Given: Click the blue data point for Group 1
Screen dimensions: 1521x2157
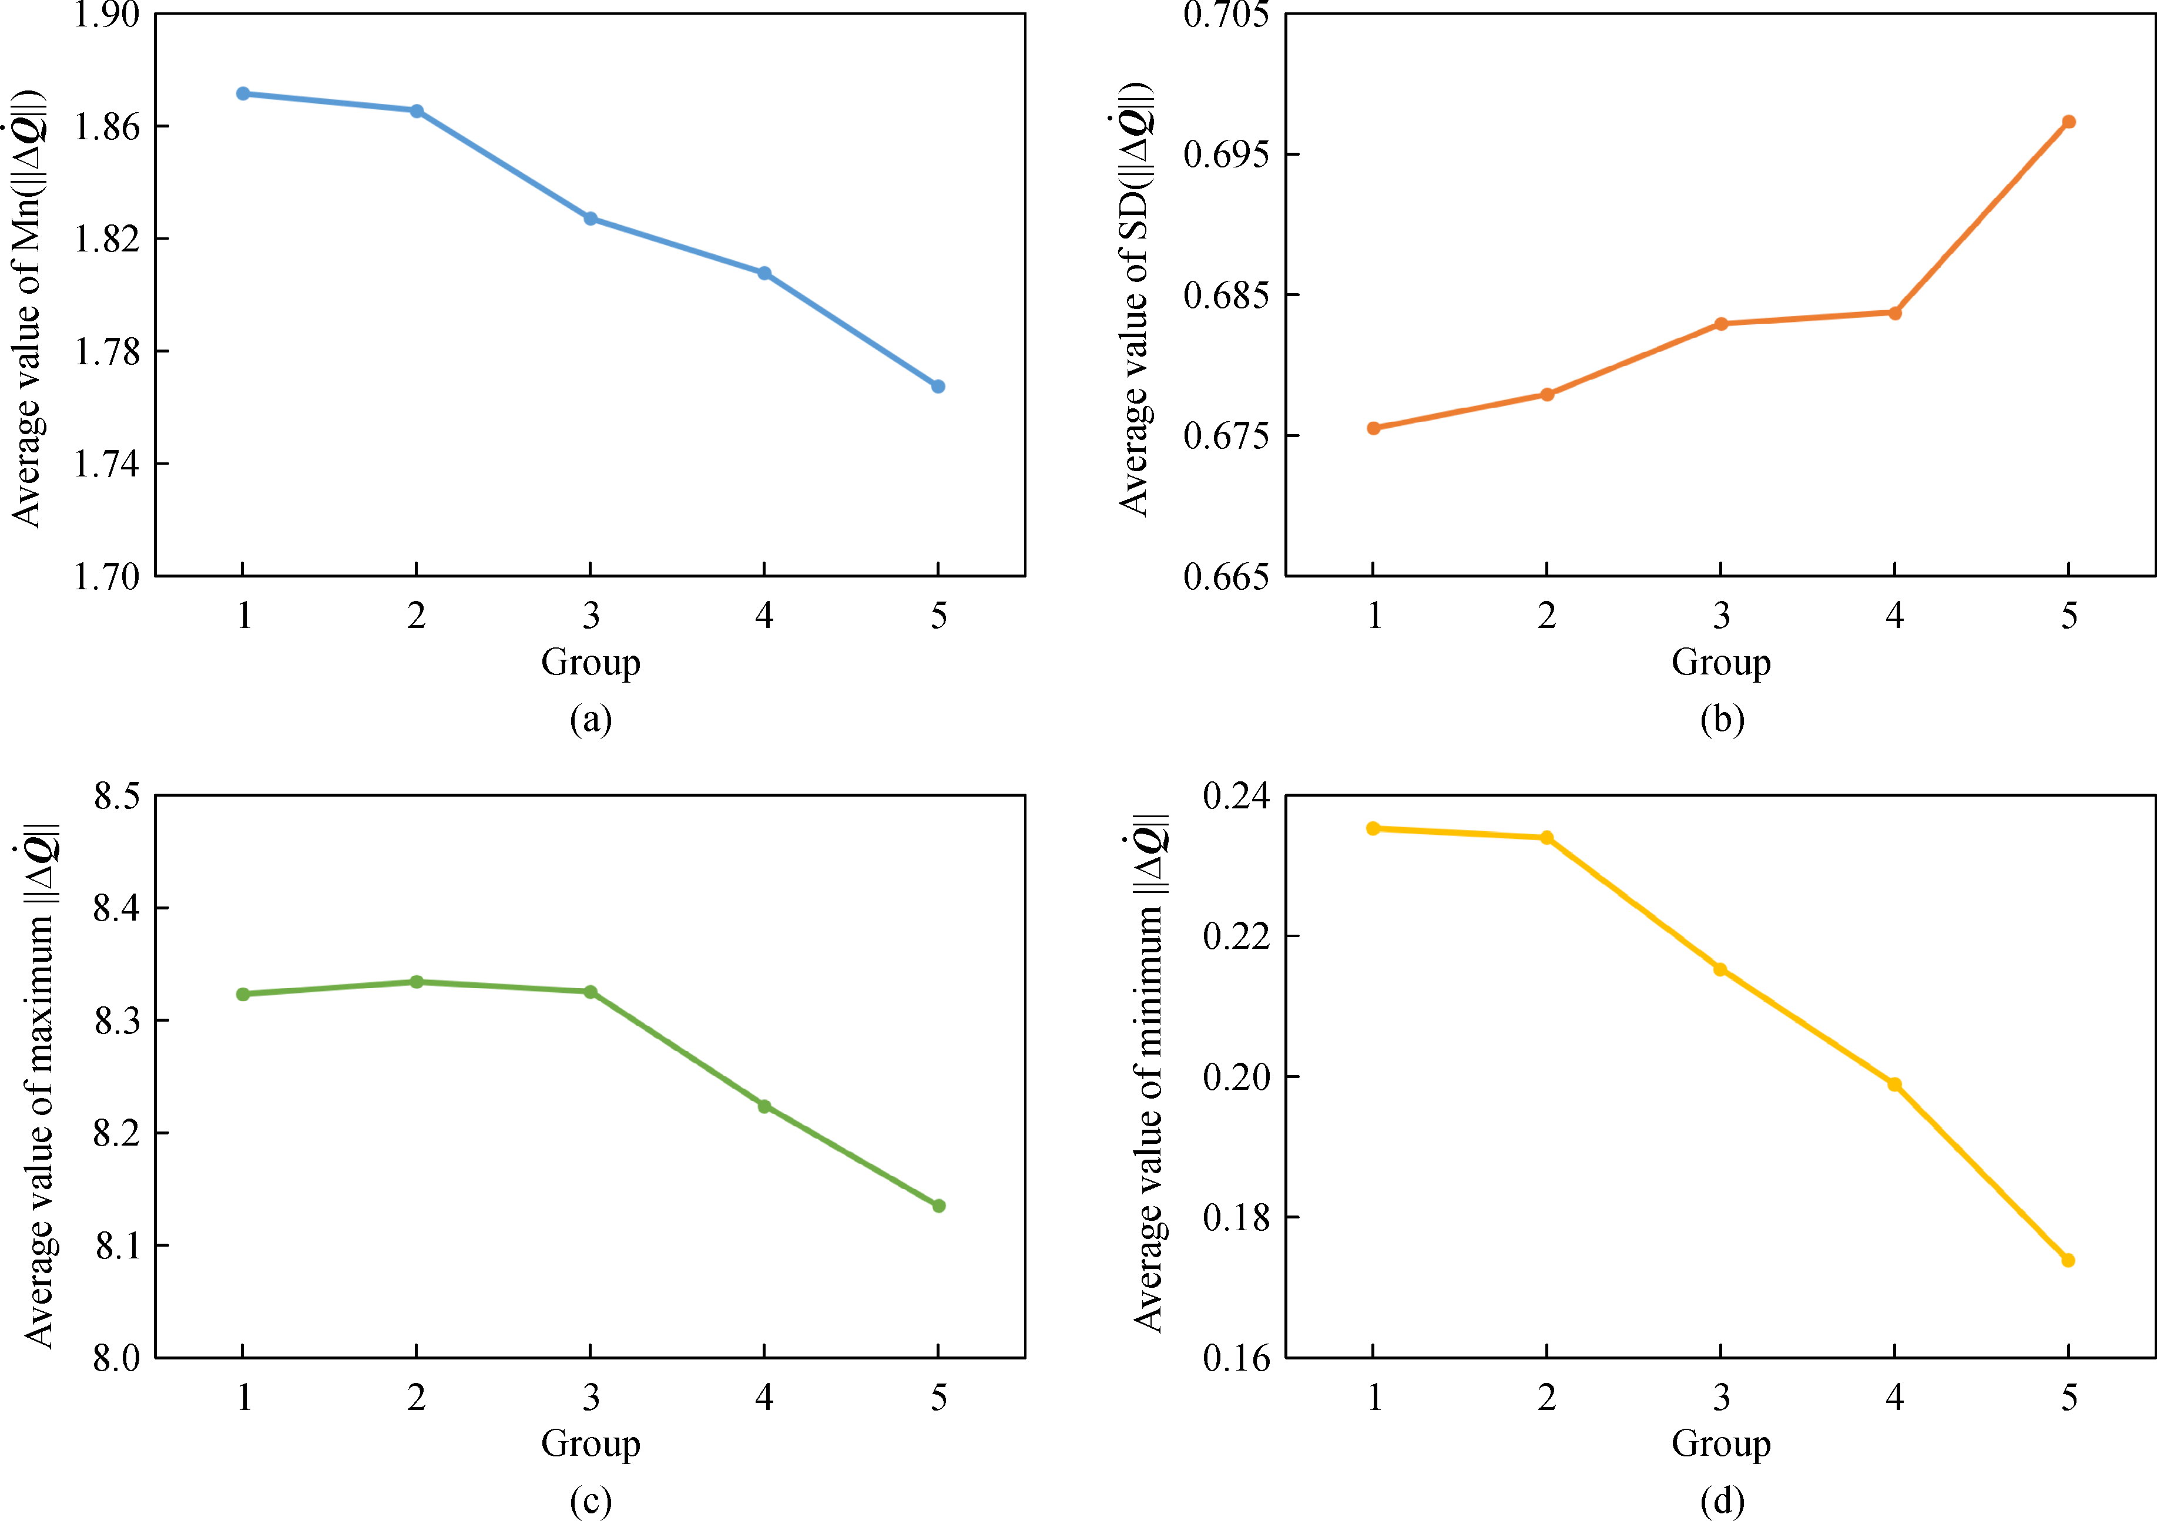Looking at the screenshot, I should coord(243,94).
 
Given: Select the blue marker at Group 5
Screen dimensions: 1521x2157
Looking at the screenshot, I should coord(938,386).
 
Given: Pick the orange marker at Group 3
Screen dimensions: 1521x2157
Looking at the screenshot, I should coord(1721,324).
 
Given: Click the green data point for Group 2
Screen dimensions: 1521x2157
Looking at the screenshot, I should coord(416,982).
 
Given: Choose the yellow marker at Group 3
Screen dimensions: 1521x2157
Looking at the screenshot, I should coord(1720,969).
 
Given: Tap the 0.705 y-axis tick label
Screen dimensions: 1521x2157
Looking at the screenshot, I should coord(1224,16).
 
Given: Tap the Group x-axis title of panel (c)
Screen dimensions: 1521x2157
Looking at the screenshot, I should coord(590,1443).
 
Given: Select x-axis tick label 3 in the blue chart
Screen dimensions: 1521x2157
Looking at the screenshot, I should coord(590,616).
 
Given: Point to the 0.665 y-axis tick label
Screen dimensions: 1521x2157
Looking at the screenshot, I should coord(1224,577).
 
